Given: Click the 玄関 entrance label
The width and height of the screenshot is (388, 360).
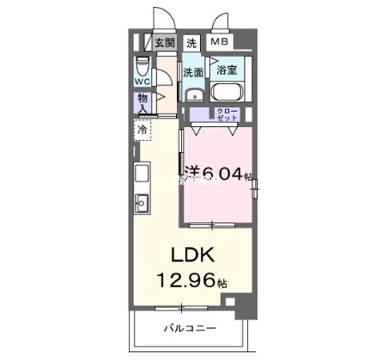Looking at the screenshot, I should click(164, 42).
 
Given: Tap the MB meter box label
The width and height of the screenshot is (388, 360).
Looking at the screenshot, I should click(220, 42).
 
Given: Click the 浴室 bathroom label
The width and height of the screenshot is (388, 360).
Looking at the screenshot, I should click(227, 70).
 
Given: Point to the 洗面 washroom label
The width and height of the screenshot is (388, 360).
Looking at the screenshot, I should click(193, 72).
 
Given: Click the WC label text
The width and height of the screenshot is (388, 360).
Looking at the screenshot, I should click(142, 82).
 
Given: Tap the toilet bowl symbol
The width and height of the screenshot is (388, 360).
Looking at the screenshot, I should click(142, 67).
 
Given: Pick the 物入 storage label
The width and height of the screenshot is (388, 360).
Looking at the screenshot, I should click(142, 103).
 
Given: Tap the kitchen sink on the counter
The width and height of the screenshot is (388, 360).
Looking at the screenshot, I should click(142, 204).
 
